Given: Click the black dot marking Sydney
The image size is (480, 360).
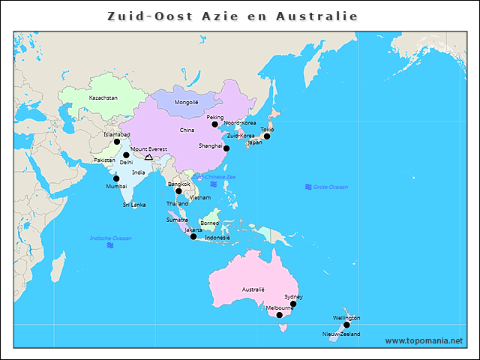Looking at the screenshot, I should click(x=293, y=304).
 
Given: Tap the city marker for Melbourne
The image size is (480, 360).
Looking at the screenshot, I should click(x=280, y=315).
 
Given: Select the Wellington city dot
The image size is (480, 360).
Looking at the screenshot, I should click(x=346, y=325).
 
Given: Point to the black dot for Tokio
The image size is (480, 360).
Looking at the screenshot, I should click(x=266, y=136).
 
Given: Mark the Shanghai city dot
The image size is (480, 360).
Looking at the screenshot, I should click(x=226, y=148).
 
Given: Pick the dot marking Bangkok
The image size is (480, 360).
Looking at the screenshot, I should click(x=178, y=191).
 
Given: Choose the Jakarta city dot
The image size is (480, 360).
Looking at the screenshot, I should click(x=193, y=237).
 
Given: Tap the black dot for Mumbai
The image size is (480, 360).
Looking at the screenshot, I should click(x=115, y=178).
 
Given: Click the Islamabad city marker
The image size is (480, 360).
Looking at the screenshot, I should click(x=116, y=142).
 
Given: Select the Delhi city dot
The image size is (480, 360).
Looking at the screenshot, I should click(x=126, y=155).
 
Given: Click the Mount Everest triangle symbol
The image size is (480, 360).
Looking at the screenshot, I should click(x=148, y=157).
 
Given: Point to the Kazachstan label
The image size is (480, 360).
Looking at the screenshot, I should click(x=103, y=97).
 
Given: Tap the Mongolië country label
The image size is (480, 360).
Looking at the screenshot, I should click(x=186, y=102).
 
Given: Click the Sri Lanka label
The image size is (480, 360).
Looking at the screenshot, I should click(x=134, y=204).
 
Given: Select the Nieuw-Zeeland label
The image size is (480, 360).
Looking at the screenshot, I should click(x=341, y=334).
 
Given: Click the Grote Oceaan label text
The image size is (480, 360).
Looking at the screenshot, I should click(x=331, y=186).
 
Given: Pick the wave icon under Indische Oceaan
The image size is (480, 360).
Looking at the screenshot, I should click(x=110, y=245).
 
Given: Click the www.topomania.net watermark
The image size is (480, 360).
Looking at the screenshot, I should click(x=424, y=340).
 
